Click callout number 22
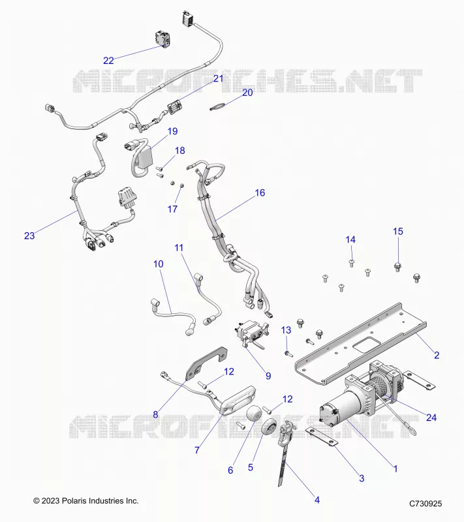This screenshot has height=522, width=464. pyautogui.click(x=108, y=61)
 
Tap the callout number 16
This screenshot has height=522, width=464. pyautogui.click(x=260, y=192)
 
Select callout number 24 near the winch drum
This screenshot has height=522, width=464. pyautogui.click(x=431, y=418)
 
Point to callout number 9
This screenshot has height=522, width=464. pyautogui.click(x=268, y=376)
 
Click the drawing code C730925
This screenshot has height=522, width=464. pyautogui.click(x=425, y=503)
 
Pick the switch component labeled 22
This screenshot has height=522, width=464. pyautogui.click(x=162, y=40)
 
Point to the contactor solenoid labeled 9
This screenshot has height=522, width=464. pyautogui.click(x=252, y=335)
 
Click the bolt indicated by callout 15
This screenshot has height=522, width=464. pyautogui.click(x=397, y=267)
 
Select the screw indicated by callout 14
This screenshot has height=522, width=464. pyautogui.click(x=351, y=263)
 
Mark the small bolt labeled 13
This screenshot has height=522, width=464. pyautogui.click(x=288, y=353)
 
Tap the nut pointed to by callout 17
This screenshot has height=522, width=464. pyautogui.click(x=182, y=185)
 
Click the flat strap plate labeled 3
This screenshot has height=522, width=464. pyautogui.click(x=322, y=437)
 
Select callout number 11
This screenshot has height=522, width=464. pyautogui.click(x=179, y=248)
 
